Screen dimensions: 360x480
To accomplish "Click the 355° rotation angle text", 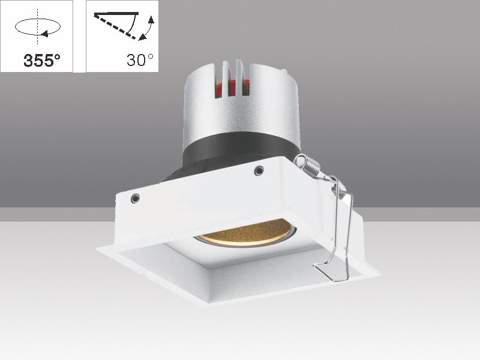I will [41, 61].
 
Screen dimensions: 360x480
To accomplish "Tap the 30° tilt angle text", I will [140, 60].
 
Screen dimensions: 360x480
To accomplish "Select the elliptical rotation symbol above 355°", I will [37, 28].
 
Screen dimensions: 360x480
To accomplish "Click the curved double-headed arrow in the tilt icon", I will [147, 28].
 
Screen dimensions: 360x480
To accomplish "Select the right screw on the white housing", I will [259, 170].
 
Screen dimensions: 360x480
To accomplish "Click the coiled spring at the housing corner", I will [307, 166].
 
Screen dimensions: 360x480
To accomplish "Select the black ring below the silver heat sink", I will [240, 153].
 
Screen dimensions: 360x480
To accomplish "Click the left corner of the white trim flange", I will [100, 248].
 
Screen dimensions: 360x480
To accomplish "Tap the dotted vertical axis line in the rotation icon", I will [37, 15].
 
